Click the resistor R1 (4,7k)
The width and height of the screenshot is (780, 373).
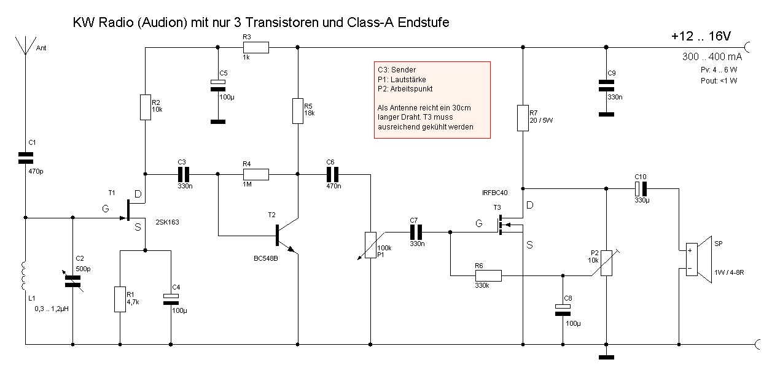(120, 299)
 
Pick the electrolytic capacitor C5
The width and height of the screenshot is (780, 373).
(216, 85)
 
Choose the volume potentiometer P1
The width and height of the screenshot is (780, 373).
(370, 245)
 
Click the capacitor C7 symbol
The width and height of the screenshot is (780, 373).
(416, 232)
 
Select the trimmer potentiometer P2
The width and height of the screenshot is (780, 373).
(606, 263)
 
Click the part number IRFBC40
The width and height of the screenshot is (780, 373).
(495, 193)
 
